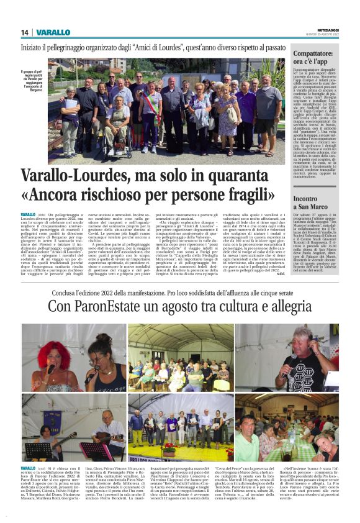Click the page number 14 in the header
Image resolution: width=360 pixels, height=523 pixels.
pos(25,32)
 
